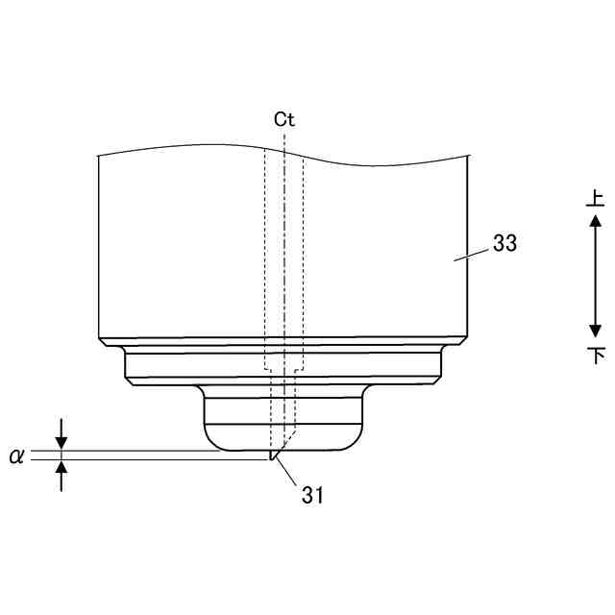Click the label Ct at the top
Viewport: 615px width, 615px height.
pos(284,119)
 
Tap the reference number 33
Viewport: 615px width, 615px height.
pos(504,243)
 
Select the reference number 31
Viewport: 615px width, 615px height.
pos(312,495)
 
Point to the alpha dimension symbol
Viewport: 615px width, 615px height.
pos(16,456)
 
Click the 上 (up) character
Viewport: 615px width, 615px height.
pos(596,198)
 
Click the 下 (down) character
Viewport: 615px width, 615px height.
pos(596,356)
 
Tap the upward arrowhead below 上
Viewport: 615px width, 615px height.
pos(596,220)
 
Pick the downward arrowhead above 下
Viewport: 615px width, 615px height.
pos(596,331)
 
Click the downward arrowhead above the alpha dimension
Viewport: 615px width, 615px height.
pos(61,443)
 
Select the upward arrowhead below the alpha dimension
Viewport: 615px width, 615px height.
pos(61,467)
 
